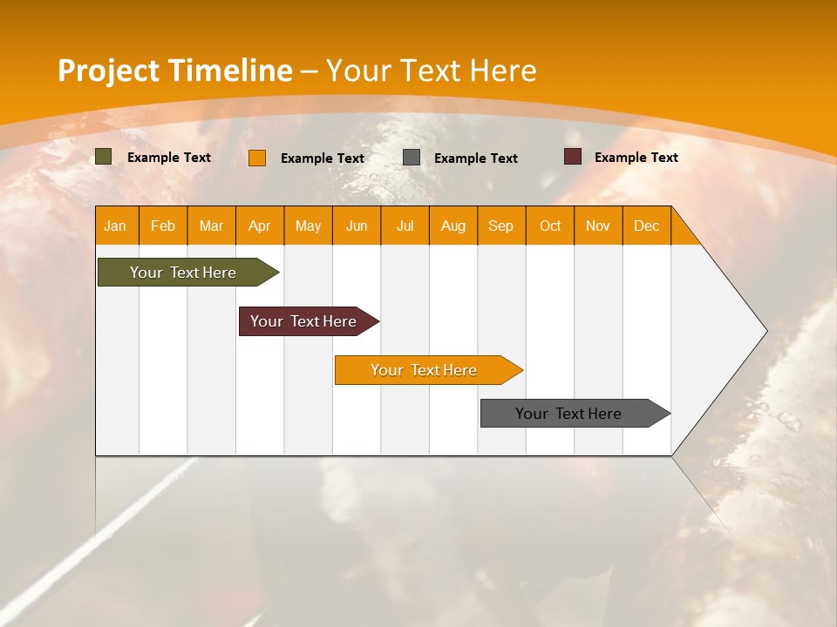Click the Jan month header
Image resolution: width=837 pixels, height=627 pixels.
tap(116, 226)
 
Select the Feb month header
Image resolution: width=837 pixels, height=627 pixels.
tap(163, 226)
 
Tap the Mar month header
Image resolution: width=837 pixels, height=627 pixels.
tap(211, 226)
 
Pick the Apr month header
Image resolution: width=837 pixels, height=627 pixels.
tap(260, 226)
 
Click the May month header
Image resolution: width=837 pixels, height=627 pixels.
tap(308, 226)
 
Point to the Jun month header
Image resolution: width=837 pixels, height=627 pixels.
tap(357, 226)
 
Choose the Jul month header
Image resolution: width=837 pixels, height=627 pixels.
tap(405, 226)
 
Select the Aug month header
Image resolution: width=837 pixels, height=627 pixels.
tap(453, 226)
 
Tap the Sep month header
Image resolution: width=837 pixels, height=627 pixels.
tap(501, 226)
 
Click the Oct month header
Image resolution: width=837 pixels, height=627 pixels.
tap(550, 226)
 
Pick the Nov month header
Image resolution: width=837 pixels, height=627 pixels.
tap(598, 226)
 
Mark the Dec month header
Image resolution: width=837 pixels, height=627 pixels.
tap(647, 226)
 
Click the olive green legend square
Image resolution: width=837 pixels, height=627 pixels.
tap(104, 157)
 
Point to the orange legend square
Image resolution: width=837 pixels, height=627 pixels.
tap(257, 158)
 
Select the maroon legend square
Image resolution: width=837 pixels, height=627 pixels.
tap(573, 157)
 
